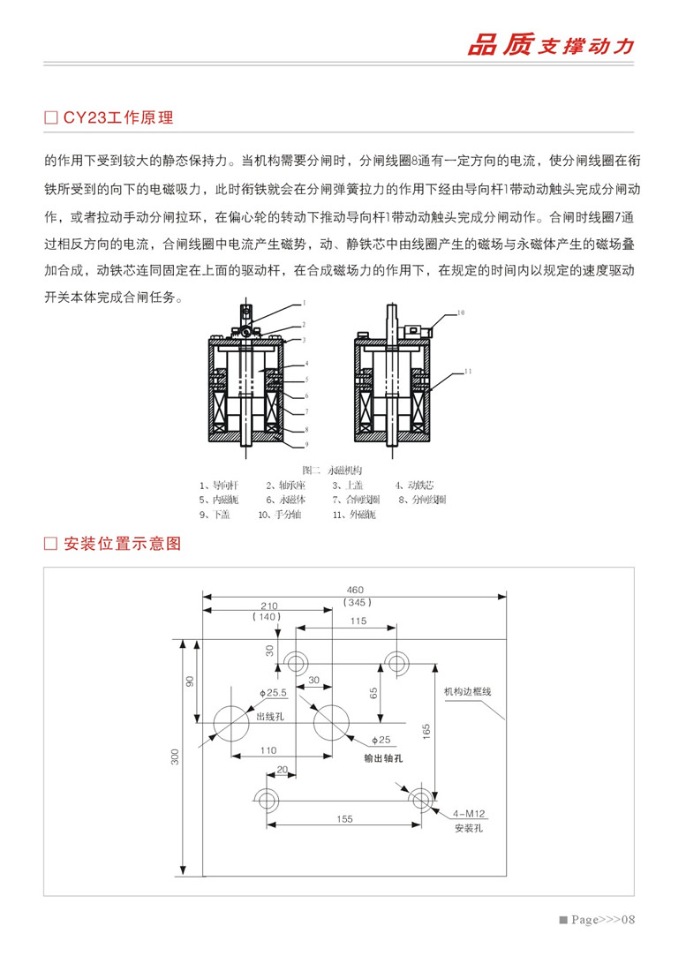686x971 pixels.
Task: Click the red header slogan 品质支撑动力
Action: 550,47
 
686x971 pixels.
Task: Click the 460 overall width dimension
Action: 355,590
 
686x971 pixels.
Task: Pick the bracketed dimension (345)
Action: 355,602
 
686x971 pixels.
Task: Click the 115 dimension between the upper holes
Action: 357,621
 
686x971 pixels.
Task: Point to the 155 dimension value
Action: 344,819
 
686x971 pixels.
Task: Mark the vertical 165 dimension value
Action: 426,732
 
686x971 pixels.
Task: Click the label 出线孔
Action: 269,717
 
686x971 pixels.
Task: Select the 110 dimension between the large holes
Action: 269,749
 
